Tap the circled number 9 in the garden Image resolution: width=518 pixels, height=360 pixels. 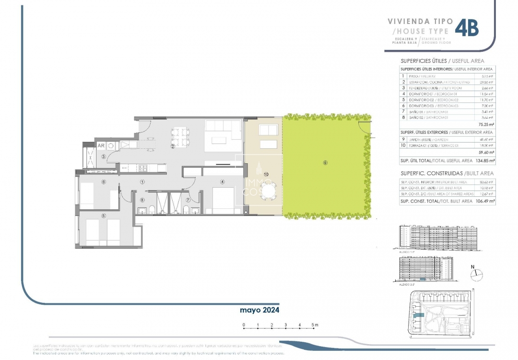pyautogui.click(x=325, y=163)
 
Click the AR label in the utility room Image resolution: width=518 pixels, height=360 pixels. pyautogui.click(x=101, y=145)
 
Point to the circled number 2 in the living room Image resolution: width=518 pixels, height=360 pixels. pyautogui.click(x=173, y=146)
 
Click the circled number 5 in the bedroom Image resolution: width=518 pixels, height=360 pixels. pyautogui.click(x=103, y=216)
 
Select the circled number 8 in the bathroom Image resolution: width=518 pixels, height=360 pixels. pyautogui.click(x=142, y=200)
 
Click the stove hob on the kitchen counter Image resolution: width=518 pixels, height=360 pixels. pyautogui.click(x=142, y=168)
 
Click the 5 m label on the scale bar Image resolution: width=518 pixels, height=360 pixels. pyautogui.click(x=314, y=325)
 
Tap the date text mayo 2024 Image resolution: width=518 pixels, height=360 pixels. pyautogui.click(x=259, y=310)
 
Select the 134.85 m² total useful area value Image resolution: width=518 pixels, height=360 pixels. pyautogui.click(x=485, y=161)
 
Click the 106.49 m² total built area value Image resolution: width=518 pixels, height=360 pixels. pyautogui.click(x=485, y=202)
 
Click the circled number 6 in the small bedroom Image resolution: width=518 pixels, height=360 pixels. pyautogui.click(x=103, y=181)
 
